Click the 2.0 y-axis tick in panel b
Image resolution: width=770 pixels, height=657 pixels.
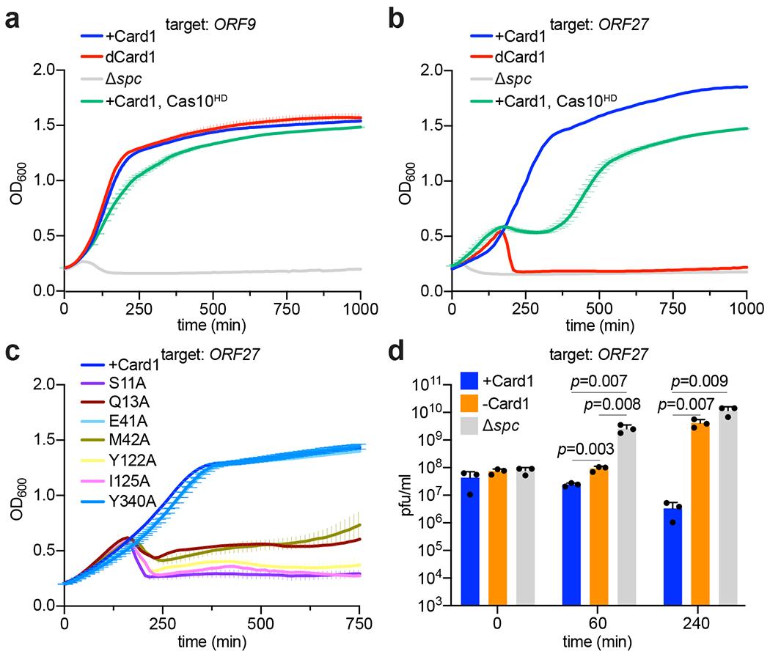431,70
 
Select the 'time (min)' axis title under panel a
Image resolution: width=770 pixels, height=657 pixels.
213,323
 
